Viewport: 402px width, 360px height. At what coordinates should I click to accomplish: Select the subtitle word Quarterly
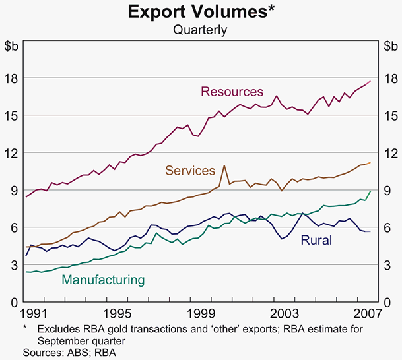pos(200,30)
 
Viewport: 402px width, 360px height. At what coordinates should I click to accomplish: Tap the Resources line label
pos(232,92)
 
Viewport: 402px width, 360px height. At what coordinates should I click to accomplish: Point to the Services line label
pos(190,171)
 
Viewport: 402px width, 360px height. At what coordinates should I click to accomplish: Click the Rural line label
pos(316,240)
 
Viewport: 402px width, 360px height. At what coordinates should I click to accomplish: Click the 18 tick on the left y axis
pos(12,78)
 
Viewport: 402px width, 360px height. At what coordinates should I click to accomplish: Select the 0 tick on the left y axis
pos(15,302)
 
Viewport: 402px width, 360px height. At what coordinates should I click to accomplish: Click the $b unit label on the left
pos(12,46)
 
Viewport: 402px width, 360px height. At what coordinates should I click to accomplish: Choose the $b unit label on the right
pos(389,46)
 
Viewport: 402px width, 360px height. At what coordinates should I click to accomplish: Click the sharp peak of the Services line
pos(224,165)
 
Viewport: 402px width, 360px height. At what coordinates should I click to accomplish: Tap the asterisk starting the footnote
pos(24,328)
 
